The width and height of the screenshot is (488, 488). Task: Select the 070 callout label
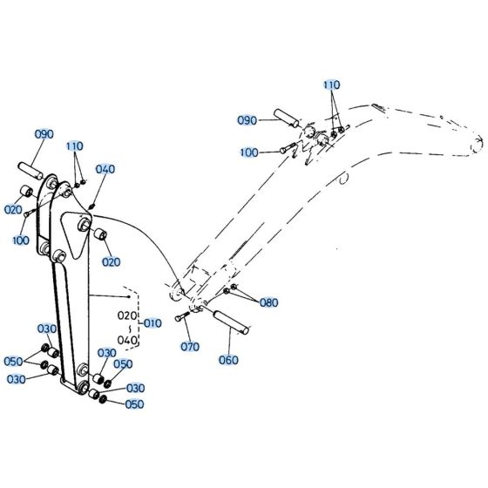click(x=190, y=346)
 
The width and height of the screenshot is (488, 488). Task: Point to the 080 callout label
click(x=268, y=302)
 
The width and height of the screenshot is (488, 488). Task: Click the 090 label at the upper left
click(x=44, y=134)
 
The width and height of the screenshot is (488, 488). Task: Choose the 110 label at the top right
click(x=331, y=85)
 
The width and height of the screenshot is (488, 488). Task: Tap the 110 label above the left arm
click(x=76, y=146)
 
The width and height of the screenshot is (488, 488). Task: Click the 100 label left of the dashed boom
click(x=248, y=153)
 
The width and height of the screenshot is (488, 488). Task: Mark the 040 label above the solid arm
click(x=105, y=169)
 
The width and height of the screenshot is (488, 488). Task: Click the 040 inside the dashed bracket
click(x=127, y=341)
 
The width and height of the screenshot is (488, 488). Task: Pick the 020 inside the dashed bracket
click(x=127, y=315)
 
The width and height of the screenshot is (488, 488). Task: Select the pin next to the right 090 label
click(x=287, y=117)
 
